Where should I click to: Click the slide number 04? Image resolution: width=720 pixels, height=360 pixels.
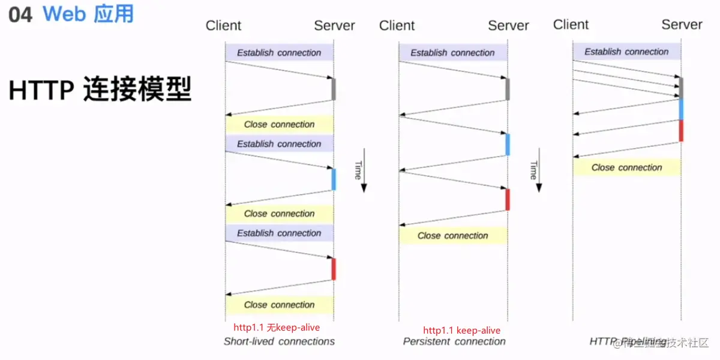tap(20, 15)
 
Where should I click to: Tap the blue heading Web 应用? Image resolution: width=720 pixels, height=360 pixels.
tap(88, 14)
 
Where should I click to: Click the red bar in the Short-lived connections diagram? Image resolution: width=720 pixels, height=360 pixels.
tap(334, 269)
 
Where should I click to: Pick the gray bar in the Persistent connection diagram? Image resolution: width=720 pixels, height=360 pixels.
tap(508, 89)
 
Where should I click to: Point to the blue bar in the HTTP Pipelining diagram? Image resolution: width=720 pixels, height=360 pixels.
tap(681, 109)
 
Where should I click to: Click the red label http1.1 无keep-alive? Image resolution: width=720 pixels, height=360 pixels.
tap(277, 328)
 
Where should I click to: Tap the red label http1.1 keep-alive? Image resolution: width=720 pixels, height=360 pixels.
tap(461, 330)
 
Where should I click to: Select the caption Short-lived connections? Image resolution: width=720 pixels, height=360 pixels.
tap(279, 341)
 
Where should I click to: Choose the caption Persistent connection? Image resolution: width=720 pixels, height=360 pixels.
tap(454, 341)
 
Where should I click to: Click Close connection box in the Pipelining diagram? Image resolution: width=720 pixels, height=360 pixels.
tap(627, 167)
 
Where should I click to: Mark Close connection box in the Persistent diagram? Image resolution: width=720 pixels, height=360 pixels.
tap(453, 236)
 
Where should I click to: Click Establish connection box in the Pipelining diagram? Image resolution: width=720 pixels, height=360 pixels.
tap(627, 52)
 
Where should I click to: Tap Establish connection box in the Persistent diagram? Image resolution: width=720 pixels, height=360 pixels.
tap(453, 53)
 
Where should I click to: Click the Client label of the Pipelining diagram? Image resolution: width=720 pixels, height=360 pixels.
tap(571, 25)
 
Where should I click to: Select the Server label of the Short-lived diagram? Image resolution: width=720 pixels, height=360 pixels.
tap(334, 26)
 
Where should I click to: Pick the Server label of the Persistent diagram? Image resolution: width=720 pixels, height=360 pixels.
tap(508, 26)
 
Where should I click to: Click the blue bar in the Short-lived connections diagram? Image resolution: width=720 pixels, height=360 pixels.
tap(334, 179)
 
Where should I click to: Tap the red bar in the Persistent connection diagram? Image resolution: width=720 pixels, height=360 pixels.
tap(508, 200)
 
